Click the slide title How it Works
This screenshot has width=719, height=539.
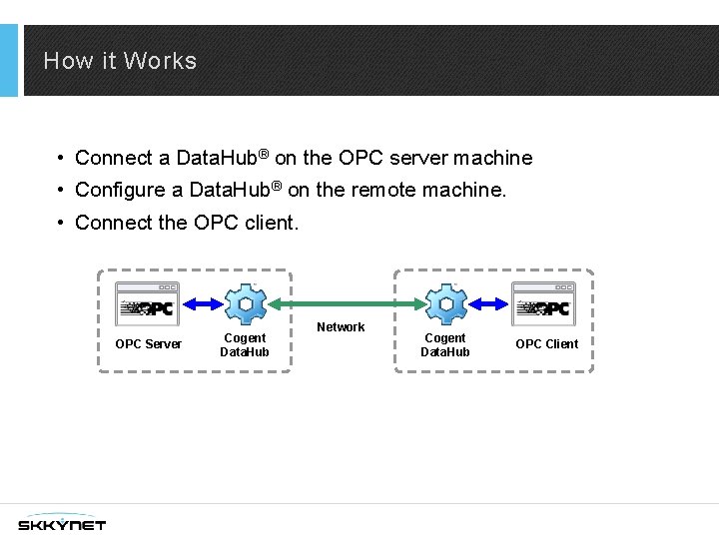tap(120, 61)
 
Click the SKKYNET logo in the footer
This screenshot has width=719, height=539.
tap(62, 524)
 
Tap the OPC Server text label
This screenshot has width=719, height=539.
tap(149, 344)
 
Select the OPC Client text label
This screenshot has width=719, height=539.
tap(546, 344)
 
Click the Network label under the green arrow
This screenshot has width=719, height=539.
tap(341, 327)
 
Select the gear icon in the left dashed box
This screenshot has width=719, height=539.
tap(244, 304)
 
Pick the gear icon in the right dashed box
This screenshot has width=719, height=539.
tap(444, 304)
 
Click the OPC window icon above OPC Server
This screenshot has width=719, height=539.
tap(148, 303)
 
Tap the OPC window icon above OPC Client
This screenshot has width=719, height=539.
tap(544, 303)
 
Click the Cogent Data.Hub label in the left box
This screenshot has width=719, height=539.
tap(245, 345)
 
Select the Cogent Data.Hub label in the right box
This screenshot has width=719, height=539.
tap(445, 345)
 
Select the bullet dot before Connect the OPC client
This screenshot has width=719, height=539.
tap(62, 222)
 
